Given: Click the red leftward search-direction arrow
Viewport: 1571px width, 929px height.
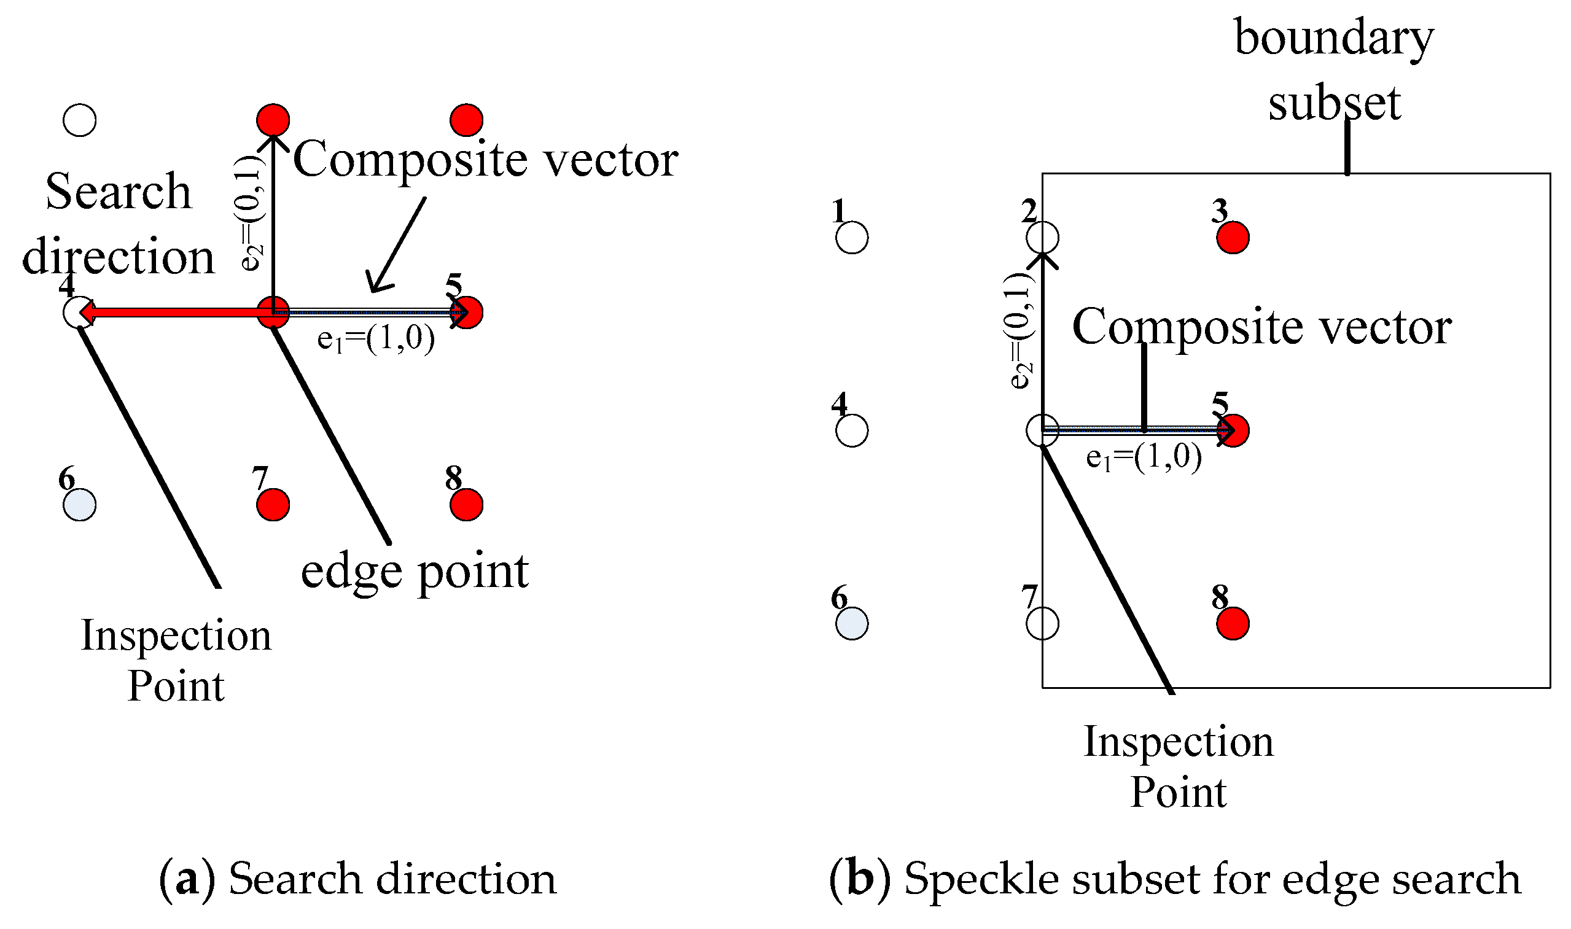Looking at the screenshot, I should (175, 312).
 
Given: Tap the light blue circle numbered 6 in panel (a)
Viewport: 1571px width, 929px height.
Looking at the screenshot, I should (79, 505).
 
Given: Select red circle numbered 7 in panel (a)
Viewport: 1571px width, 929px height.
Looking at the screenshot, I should (273, 505).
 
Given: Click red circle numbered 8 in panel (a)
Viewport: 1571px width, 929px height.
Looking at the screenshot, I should (467, 505).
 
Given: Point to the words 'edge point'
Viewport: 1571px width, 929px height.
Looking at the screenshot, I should (415, 571).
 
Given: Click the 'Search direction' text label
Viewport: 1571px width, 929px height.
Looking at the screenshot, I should (118, 224).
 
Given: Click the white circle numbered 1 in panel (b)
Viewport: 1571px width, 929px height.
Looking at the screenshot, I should (852, 238).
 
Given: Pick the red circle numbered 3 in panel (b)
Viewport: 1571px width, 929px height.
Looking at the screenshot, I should (1233, 238).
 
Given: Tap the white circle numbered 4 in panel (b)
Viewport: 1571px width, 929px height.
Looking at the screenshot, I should (852, 430).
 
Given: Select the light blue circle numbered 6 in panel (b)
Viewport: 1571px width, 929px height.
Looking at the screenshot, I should (852, 623).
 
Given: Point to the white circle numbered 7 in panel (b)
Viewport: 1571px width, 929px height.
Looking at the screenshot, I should (1043, 623).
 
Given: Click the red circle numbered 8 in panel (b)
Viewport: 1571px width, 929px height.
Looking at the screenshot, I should (1233, 623).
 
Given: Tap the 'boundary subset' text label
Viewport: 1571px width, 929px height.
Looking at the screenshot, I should (1334, 70).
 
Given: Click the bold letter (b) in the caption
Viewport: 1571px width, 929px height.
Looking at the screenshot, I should (860, 879).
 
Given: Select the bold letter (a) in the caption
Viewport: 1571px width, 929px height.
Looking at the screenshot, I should (187, 879).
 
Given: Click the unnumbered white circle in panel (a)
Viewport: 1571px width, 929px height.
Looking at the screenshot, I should (79, 120).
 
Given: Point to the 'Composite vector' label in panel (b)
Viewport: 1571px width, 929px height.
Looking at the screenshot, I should (1261, 327).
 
